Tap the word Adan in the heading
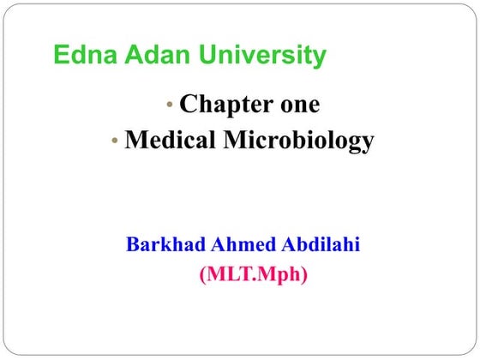click(150, 56)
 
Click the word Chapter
click(223, 105)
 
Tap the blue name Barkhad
click(164, 245)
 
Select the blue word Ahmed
click(239, 245)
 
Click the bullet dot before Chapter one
click(171, 105)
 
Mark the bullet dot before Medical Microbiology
click(115, 141)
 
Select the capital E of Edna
click(61, 56)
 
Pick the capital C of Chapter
click(188, 105)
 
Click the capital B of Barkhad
click(133, 245)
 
